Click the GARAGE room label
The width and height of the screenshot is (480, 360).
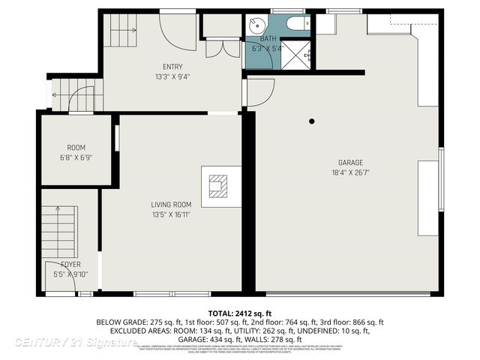point(350,163)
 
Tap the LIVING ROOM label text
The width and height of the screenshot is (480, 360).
point(172,204)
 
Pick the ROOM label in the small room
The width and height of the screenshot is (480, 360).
point(76,148)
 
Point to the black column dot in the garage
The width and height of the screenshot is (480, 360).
point(312,121)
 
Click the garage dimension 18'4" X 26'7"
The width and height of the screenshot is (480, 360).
point(350,172)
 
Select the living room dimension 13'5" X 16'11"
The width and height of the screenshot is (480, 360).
point(172,214)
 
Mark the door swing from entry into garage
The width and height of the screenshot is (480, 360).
point(259,91)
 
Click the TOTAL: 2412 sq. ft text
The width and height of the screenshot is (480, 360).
point(239,312)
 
